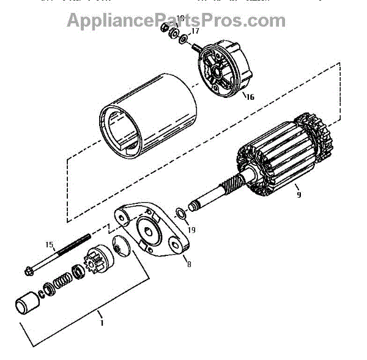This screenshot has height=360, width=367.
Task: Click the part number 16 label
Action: tap(249, 96)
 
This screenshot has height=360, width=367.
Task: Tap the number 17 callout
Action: tap(195, 30)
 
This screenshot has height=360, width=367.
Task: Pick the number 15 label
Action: tap(50, 244)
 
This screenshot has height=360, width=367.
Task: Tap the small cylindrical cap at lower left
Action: tap(25, 304)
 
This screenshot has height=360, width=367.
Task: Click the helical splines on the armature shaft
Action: tap(233, 184)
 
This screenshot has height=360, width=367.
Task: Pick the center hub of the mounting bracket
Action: tap(148, 230)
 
